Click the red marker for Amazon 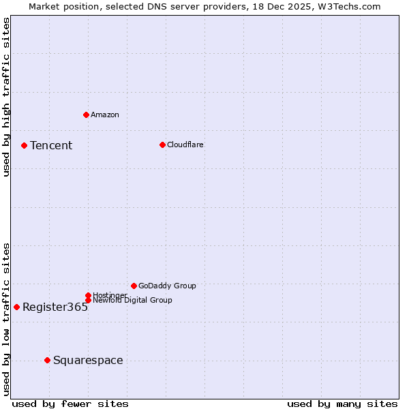coord(86,115)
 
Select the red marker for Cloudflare coord(162,145)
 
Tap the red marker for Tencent coord(24,145)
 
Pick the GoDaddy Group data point coord(134,286)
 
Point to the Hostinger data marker coord(88,295)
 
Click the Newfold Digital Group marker coord(88,300)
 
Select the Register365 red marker coord(16,307)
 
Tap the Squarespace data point coord(47,360)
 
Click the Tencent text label coord(51,146)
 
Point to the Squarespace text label coord(88,361)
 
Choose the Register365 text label coord(55,307)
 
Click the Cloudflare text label coord(185,145)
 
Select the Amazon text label coord(105,115)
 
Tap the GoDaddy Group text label coord(167,286)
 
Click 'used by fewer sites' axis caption coord(70,404)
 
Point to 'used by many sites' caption coord(342,404)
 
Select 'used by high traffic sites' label coord(6,97)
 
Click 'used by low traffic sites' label coord(6,319)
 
